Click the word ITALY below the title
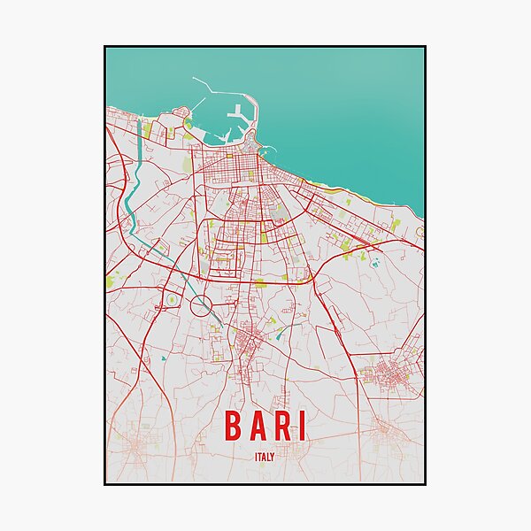pyautogui.click(x=265, y=457)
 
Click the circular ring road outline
pyautogui.click(x=202, y=307)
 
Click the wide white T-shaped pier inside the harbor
pyautogui.click(x=238, y=115)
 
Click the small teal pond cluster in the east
pyautogui.click(x=375, y=262)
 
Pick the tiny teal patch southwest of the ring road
pyautogui.click(x=164, y=358)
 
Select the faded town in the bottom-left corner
pyautogui.click(x=133, y=447)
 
